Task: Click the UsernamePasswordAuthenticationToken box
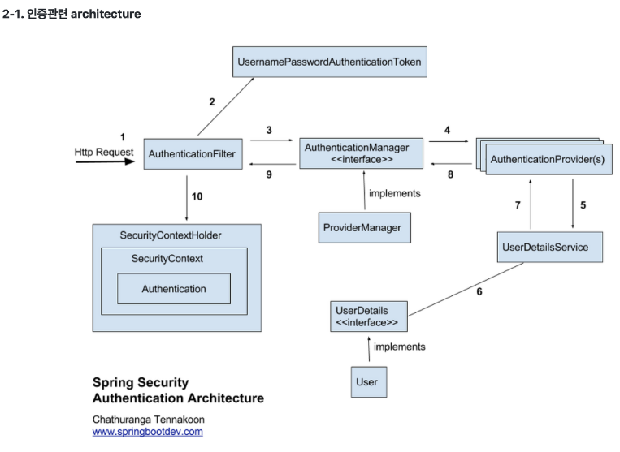330,62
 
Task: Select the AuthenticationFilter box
193,153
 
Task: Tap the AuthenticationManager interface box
362,153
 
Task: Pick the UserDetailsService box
550,247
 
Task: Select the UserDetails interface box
368,316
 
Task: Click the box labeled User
366,381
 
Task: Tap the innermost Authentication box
174,289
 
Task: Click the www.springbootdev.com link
147,432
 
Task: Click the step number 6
479,291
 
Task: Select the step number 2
212,102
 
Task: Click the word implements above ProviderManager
395,193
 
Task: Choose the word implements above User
399,347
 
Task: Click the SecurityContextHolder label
171,235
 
